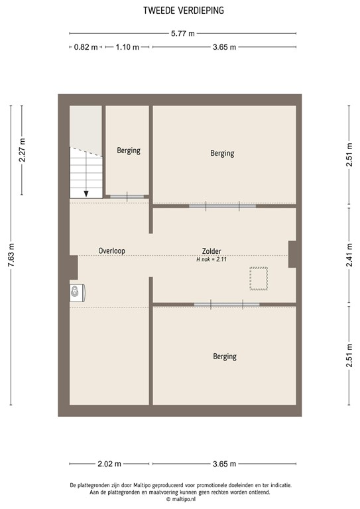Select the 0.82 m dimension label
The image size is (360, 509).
tap(85, 47)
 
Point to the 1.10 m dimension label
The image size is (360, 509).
tap(127, 47)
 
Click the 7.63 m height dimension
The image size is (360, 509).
tap(11, 255)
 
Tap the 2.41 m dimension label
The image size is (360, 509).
tap(349, 255)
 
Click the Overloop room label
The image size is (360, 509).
tap(111, 251)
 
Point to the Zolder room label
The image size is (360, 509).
tap(211, 251)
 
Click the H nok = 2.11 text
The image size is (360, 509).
tap(211, 260)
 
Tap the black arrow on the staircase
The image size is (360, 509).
tap(86, 193)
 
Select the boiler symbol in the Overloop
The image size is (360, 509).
tap(76, 292)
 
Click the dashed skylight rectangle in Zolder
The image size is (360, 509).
tap(257, 278)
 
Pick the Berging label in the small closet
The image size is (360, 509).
tap(129, 150)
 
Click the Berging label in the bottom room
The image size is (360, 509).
tap(225, 357)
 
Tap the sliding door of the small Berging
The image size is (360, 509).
tap(128, 196)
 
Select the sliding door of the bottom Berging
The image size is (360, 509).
tap(226, 304)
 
